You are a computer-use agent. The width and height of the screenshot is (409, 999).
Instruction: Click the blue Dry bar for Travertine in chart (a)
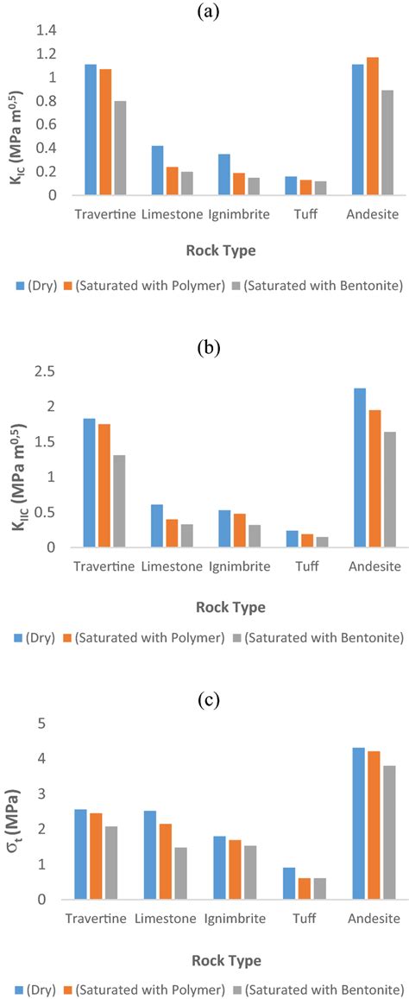click(x=91, y=130)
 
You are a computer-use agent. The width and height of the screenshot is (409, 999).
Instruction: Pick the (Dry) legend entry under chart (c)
click(x=35, y=989)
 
